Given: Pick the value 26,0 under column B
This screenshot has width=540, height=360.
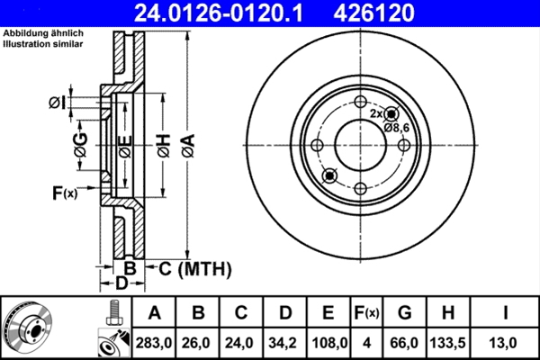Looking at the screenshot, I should [x=199, y=342].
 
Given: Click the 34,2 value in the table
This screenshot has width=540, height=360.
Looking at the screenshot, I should [x=285, y=342].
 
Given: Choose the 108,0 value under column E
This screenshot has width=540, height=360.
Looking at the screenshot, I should [x=328, y=342].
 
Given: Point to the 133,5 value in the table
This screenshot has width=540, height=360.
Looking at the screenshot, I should [x=449, y=342].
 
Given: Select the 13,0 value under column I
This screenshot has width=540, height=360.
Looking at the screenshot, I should [x=505, y=342].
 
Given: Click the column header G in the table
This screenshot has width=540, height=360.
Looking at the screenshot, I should [x=405, y=313].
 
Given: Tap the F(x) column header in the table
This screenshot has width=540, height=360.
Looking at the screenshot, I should [x=366, y=313].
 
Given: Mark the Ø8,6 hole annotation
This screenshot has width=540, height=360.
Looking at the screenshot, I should [x=397, y=128].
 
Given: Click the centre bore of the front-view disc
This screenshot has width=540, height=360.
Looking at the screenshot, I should [x=359, y=146].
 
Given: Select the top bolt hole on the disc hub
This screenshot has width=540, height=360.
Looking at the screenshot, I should [x=359, y=103].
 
